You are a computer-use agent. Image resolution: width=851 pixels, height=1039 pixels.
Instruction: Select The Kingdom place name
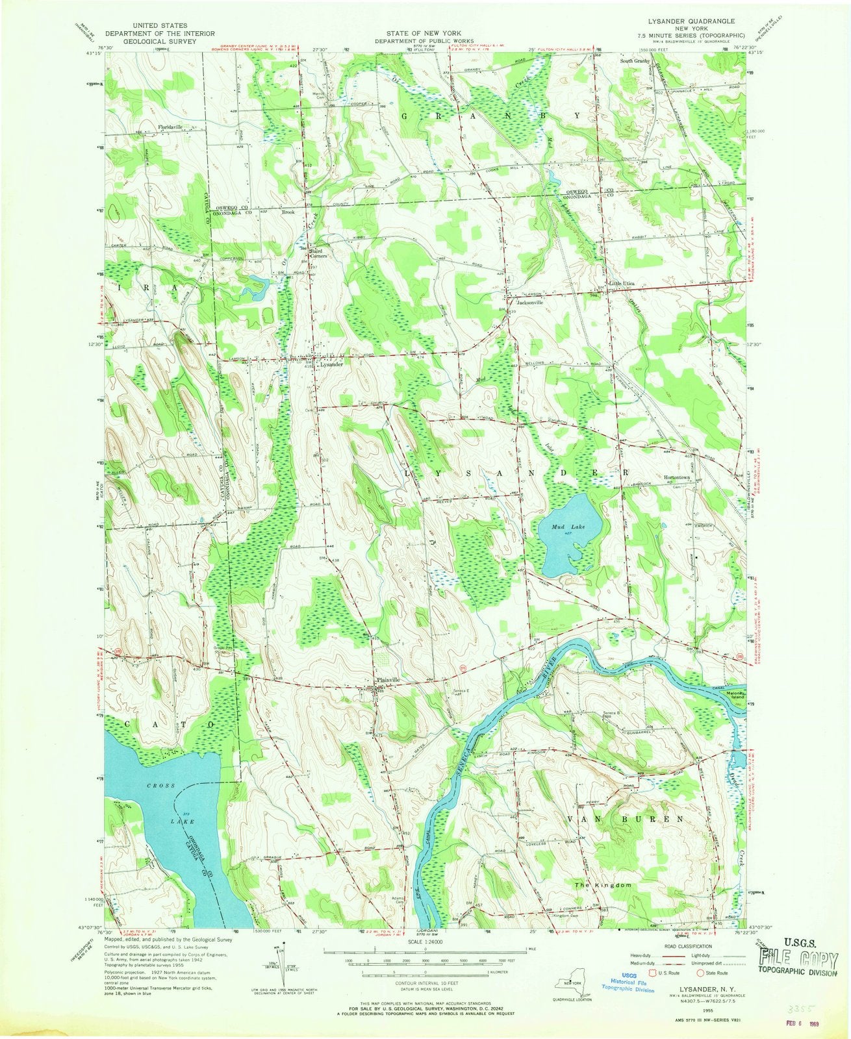pyautogui.click(x=603, y=886)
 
